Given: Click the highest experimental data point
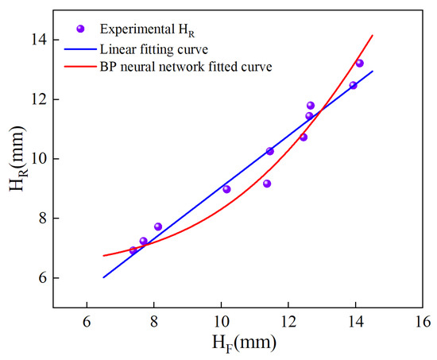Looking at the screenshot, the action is [x=359, y=63].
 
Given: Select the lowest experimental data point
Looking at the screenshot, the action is [x=133, y=250].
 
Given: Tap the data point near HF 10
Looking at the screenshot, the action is [x=226, y=189].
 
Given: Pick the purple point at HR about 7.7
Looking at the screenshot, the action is [x=158, y=226].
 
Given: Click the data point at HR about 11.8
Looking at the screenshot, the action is [x=311, y=106].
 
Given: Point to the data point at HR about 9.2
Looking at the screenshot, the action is [x=267, y=184].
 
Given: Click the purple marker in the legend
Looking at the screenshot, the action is [x=80, y=29].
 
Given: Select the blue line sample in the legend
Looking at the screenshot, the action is [x=80, y=49].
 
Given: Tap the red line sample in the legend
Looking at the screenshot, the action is [x=80, y=67].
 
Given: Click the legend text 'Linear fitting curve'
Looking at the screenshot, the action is [x=154, y=49].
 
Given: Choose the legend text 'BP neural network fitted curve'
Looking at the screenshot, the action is [x=186, y=67].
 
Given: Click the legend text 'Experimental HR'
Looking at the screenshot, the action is [x=147, y=30].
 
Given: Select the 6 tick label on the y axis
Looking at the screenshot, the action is [x=42, y=278].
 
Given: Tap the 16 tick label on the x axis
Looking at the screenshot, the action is [x=423, y=322].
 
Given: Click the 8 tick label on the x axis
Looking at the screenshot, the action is [x=154, y=322].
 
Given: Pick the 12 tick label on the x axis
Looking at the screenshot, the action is [x=288, y=322].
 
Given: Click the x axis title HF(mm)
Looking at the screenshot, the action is [x=244, y=343].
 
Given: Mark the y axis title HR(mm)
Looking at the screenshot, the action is [x=18, y=158].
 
